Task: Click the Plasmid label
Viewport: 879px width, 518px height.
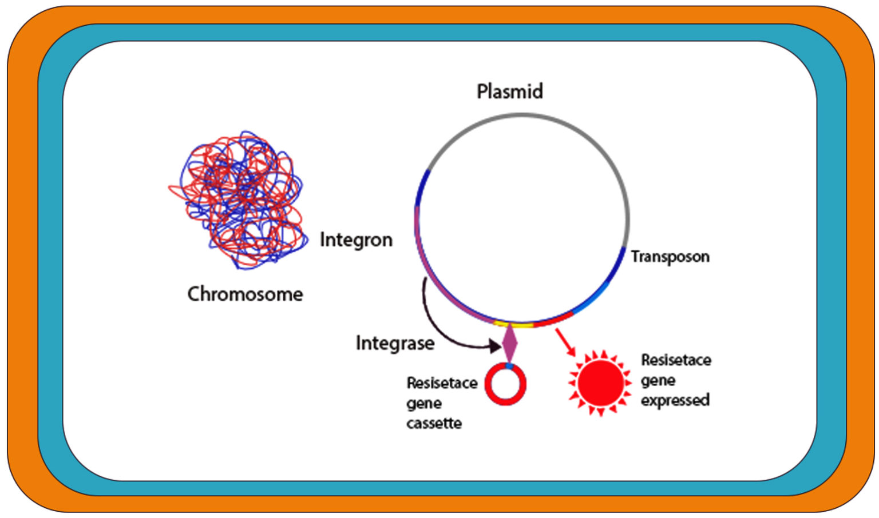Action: point(509,91)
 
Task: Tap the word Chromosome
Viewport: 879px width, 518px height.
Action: point(245,294)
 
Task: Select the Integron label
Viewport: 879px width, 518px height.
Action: point(356,240)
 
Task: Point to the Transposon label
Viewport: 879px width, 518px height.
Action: point(670,257)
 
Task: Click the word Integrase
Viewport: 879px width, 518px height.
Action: point(395,343)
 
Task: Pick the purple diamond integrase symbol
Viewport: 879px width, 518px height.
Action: point(509,343)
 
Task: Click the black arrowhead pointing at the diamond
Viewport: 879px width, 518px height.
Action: point(494,345)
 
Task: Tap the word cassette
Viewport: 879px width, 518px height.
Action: point(434,424)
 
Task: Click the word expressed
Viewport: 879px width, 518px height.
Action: point(675,400)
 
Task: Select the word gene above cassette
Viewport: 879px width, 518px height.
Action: point(423,404)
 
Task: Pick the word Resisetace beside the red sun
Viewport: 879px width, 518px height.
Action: point(676,360)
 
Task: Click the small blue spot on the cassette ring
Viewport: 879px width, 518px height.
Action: point(509,365)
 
